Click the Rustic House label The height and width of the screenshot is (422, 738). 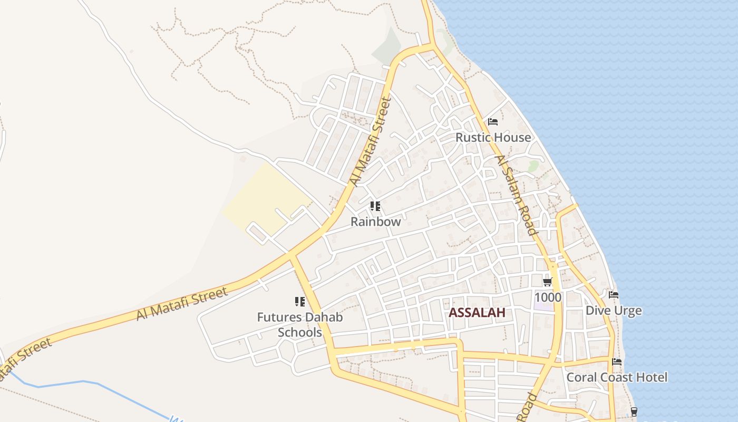[493, 137]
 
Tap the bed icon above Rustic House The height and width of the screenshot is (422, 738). [493, 122]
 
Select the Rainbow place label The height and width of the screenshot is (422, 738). [376, 222]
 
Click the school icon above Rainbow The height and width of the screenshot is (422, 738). [375, 206]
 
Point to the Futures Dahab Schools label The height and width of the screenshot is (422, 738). [300, 324]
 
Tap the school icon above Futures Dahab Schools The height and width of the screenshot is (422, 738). [300, 302]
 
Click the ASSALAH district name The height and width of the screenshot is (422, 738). [477, 312]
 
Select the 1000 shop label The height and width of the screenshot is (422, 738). [548, 297]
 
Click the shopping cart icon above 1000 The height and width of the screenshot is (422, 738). [547, 282]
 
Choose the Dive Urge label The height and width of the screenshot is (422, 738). [614, 310]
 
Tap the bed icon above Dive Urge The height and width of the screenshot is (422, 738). [614, 295]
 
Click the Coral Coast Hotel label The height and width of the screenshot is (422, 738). [617, 377]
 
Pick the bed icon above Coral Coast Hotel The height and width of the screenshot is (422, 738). [617, 362]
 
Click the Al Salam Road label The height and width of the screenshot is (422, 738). [516, 195]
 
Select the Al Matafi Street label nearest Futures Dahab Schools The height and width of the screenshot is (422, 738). [182, 303]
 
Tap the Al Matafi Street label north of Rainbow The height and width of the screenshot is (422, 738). [372, 141]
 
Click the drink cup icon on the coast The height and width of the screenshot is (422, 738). [634, 411]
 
